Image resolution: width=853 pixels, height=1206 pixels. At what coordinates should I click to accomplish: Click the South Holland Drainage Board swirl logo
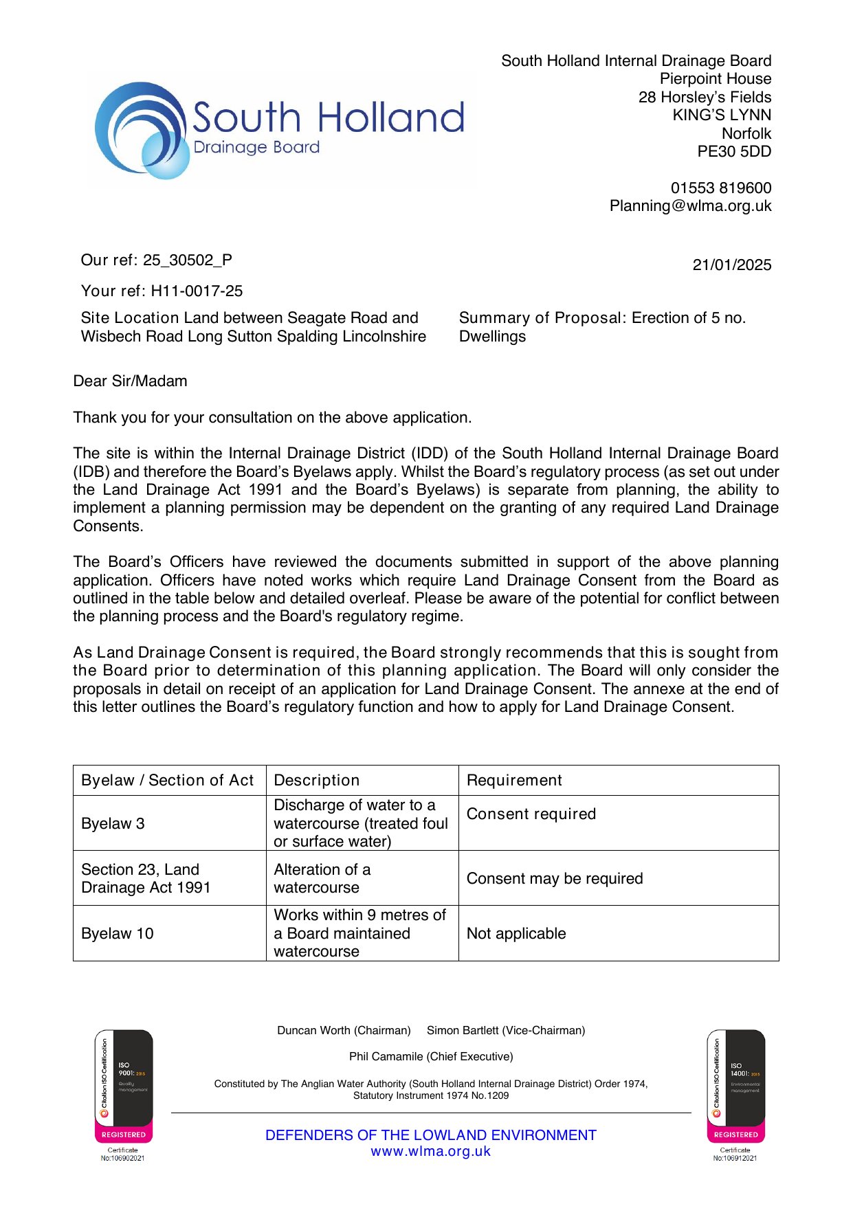point(142,131)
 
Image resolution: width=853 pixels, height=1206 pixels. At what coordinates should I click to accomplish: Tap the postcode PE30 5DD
point(733,152)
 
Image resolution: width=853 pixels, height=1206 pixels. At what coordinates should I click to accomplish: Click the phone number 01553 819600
point(720,188)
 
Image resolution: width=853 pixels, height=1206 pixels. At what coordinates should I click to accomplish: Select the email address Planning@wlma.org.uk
point(690,206)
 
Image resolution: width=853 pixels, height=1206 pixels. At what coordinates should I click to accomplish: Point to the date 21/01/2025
point(731,265)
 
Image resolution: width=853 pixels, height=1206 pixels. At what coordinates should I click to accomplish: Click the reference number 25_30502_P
point(188,260)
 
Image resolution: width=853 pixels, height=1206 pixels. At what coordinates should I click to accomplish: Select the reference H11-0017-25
point(197,291)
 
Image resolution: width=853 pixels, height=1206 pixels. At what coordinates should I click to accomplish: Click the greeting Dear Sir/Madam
point(130,381)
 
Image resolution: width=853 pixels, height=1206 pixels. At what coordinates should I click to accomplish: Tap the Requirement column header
point(514,781)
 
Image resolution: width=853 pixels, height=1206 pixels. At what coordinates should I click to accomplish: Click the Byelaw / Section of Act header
point(167,781)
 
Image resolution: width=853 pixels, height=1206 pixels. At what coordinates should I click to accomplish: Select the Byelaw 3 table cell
point(113,824)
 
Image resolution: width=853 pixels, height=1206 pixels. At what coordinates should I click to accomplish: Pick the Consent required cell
point(531,814)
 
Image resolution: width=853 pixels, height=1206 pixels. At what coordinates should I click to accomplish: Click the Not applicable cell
point(516,934)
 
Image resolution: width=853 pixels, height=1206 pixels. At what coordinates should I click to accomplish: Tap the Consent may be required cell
point(555,879)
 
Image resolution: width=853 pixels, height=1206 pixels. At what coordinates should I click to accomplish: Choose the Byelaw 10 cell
point(117,934)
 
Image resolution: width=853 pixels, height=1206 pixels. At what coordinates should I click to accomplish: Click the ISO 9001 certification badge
point(124,1086)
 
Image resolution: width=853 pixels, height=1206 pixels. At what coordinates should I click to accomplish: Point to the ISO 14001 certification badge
point(735,1086)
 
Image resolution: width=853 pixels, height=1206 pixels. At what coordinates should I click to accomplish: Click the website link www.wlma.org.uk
point(431,1152)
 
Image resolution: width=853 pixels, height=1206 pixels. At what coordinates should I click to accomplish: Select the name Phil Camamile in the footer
point(382,1057)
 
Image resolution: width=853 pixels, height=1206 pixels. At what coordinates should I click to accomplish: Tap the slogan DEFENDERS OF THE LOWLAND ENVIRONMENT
point(431,1135)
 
